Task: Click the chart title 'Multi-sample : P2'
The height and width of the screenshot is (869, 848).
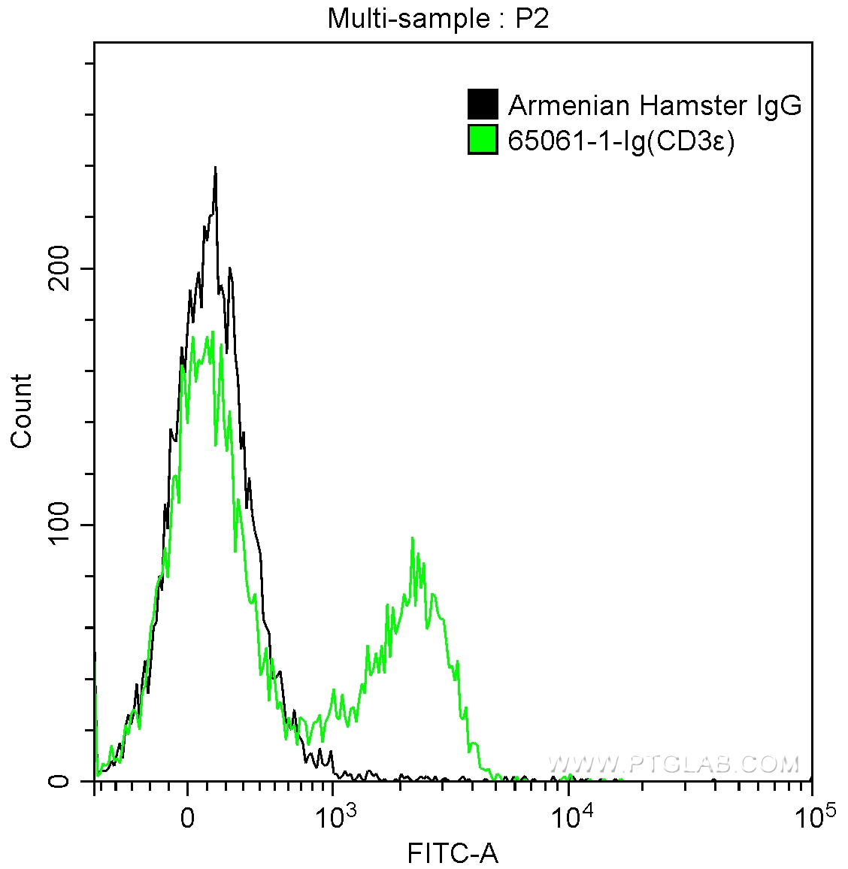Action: coord(438,18)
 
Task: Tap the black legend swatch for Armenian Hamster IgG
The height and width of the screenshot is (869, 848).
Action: coord(483,105)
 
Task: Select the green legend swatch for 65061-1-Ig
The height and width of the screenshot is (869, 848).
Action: coord(483,140)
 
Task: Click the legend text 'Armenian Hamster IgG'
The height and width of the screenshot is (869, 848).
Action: coord(655,105)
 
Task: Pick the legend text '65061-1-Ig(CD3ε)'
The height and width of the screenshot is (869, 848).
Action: coord(621,141)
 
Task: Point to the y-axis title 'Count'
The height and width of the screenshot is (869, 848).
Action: coord(22,411)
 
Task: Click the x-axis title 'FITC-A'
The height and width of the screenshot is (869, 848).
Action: coord(453,853)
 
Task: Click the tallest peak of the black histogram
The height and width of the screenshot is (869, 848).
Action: coord(215,169)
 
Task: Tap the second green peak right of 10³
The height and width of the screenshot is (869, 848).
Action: coord(413,539)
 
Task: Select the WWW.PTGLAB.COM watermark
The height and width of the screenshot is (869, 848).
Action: coord(674,765)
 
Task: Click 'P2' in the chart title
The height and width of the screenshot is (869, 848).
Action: coord(532,18)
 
